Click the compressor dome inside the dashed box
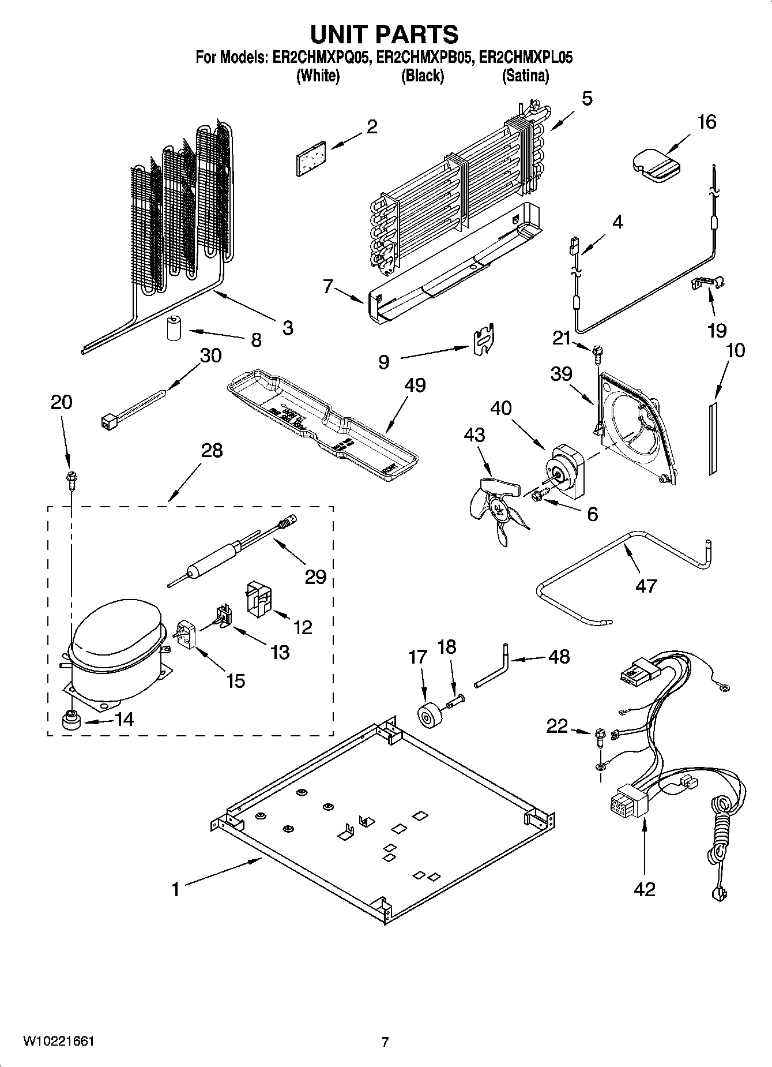pos(115,635)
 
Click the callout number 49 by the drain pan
pos(415,385)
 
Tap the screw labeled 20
pos(72,479)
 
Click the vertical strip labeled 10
pos(713,439)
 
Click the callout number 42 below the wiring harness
pos(644,889)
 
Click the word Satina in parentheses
pos(525,76)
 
